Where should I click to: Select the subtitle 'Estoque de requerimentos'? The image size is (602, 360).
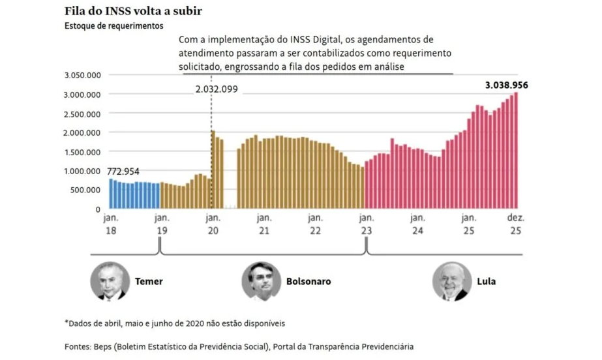coord(113,26)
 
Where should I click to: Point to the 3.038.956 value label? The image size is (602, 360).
coord(506,85)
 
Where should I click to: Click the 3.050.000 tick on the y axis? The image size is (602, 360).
coord(82,76)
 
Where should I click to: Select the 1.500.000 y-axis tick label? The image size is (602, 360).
coord(82,152)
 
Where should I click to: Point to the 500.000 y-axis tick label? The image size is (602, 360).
coord(85,190)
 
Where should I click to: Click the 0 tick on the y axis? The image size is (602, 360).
coord(98,209)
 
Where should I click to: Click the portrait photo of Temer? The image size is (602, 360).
coord(108,281)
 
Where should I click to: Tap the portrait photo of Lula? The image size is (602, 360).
coord(452,281)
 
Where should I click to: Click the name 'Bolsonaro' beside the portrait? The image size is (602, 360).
coord(309,282)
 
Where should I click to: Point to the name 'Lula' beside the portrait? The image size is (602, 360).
coord(487,282)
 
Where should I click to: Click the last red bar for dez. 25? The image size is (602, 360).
coord(517,151)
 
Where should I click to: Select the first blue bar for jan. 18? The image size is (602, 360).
coord(111,194)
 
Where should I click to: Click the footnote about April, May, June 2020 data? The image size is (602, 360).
coord(175,323)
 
